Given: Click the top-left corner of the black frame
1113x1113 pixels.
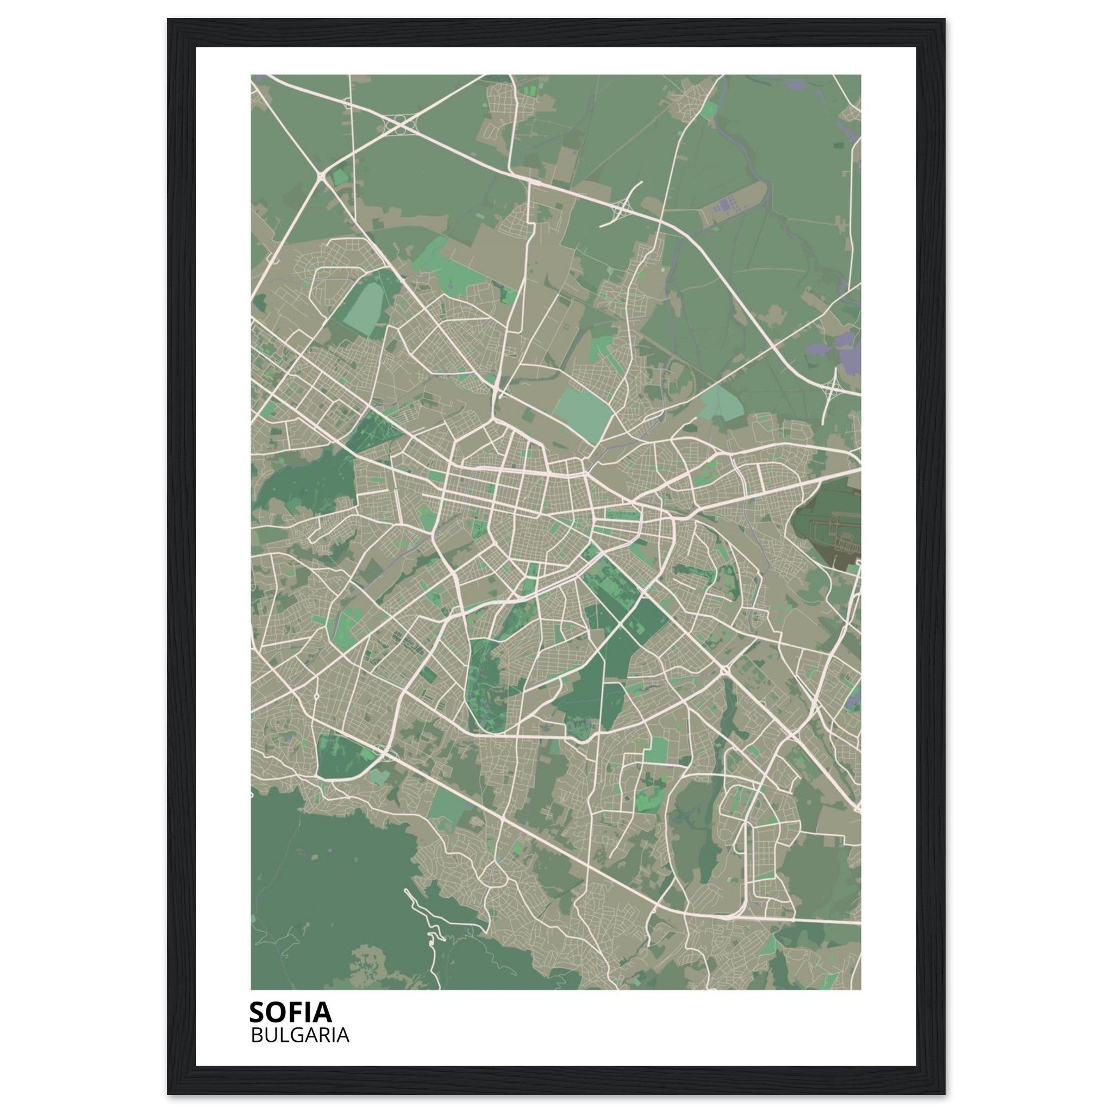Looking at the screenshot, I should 168,20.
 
